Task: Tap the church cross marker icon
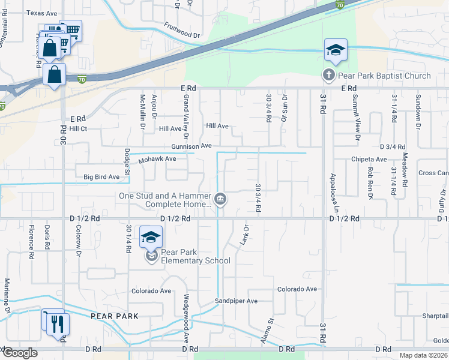tap(328, 76)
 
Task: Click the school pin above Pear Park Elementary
tap(151, 237)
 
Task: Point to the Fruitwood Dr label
tap(181, 31)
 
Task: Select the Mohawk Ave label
tap(157, 159)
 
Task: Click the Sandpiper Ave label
tap(237, 301)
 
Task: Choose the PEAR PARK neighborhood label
tap(115, 316)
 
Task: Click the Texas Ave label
tap(43, 13)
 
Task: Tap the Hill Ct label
tap(78, 128)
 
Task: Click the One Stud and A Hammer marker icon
tap(220, 199)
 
